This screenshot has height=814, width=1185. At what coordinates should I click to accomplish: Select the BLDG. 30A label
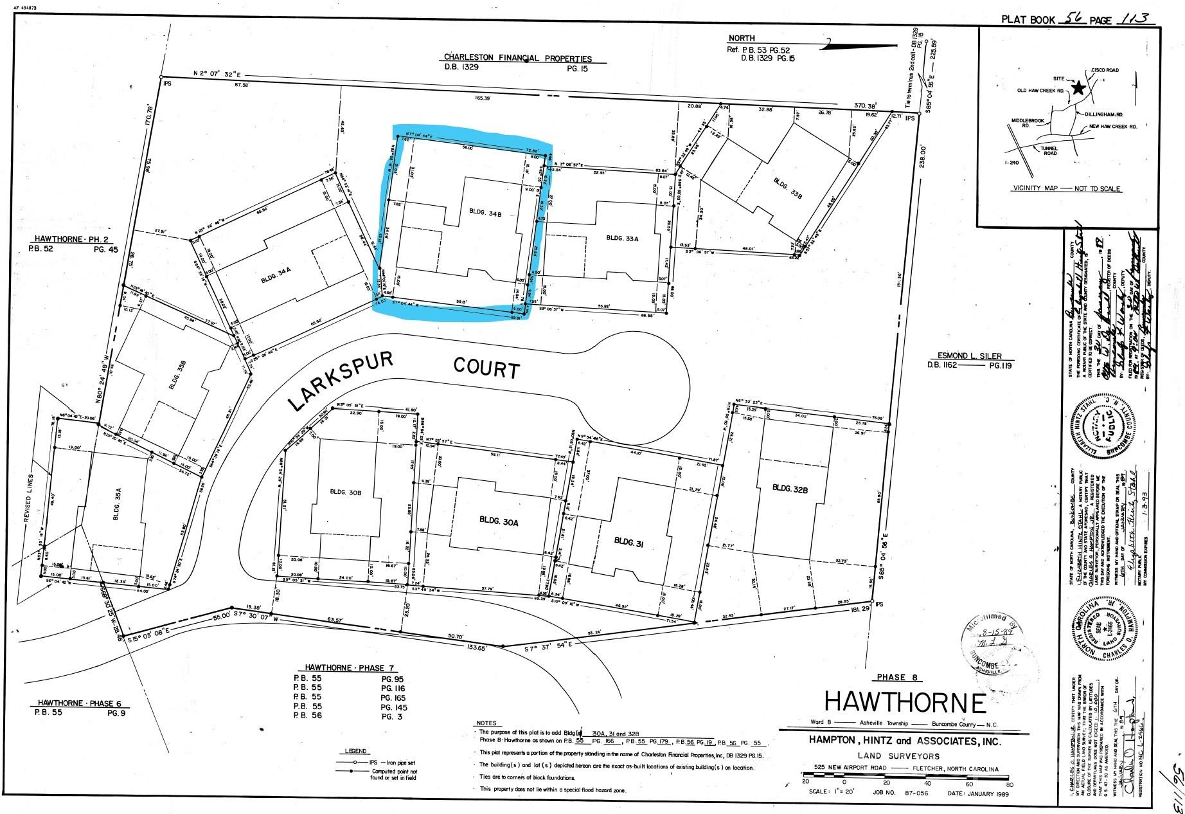pos(498,521)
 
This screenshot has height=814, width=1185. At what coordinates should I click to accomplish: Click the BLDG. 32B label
pos(790,487)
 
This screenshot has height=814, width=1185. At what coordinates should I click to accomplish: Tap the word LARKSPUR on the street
pos(341,381)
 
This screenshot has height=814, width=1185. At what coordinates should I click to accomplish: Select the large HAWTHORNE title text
pos(905,702)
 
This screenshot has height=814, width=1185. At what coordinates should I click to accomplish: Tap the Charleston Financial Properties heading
pos(518,58)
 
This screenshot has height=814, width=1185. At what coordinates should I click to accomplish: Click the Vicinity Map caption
pos(1066,188)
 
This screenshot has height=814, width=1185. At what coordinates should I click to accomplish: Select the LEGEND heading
pos(355,751)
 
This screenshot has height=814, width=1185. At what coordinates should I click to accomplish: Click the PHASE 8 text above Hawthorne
pos(898,677)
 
